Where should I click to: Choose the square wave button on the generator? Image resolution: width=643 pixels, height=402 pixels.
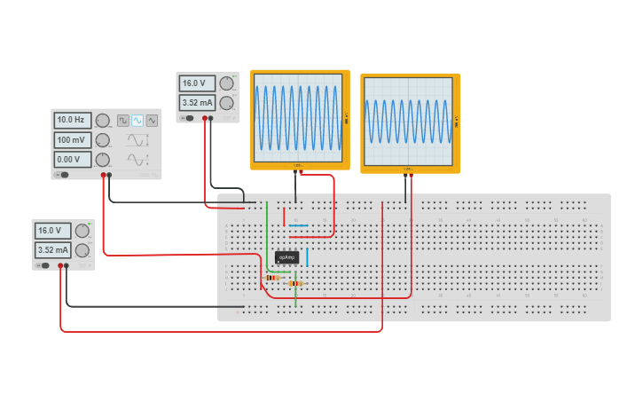click(123, 120)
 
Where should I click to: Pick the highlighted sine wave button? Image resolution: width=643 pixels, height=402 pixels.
click(137, 120)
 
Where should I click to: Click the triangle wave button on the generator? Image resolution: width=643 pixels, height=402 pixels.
click(152, 120)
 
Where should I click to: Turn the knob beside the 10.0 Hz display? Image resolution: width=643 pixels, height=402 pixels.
click(103, 120)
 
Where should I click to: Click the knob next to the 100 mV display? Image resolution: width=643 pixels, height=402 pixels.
click(103, 140)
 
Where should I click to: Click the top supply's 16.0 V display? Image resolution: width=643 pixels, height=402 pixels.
click(197, 83)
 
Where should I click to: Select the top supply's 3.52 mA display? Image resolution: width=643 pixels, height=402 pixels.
click(197, 103)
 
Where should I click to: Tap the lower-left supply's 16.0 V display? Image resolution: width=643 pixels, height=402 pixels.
click(52, 231)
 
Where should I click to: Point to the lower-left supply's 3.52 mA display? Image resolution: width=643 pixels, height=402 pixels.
click(52, 250)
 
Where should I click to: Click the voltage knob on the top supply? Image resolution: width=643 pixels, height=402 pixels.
click(226, 83)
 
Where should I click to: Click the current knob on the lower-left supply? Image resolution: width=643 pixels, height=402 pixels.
click(82, 250)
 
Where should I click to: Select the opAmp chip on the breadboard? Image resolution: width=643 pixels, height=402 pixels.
click(286, 257)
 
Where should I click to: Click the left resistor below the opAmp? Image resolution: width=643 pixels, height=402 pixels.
click(272, 277)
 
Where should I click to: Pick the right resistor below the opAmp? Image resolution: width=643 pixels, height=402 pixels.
click(295, 283)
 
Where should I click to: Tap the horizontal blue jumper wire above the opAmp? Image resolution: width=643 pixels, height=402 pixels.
click(298, 225)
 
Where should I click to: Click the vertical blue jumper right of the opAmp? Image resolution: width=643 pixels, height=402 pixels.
click(308, 257)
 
